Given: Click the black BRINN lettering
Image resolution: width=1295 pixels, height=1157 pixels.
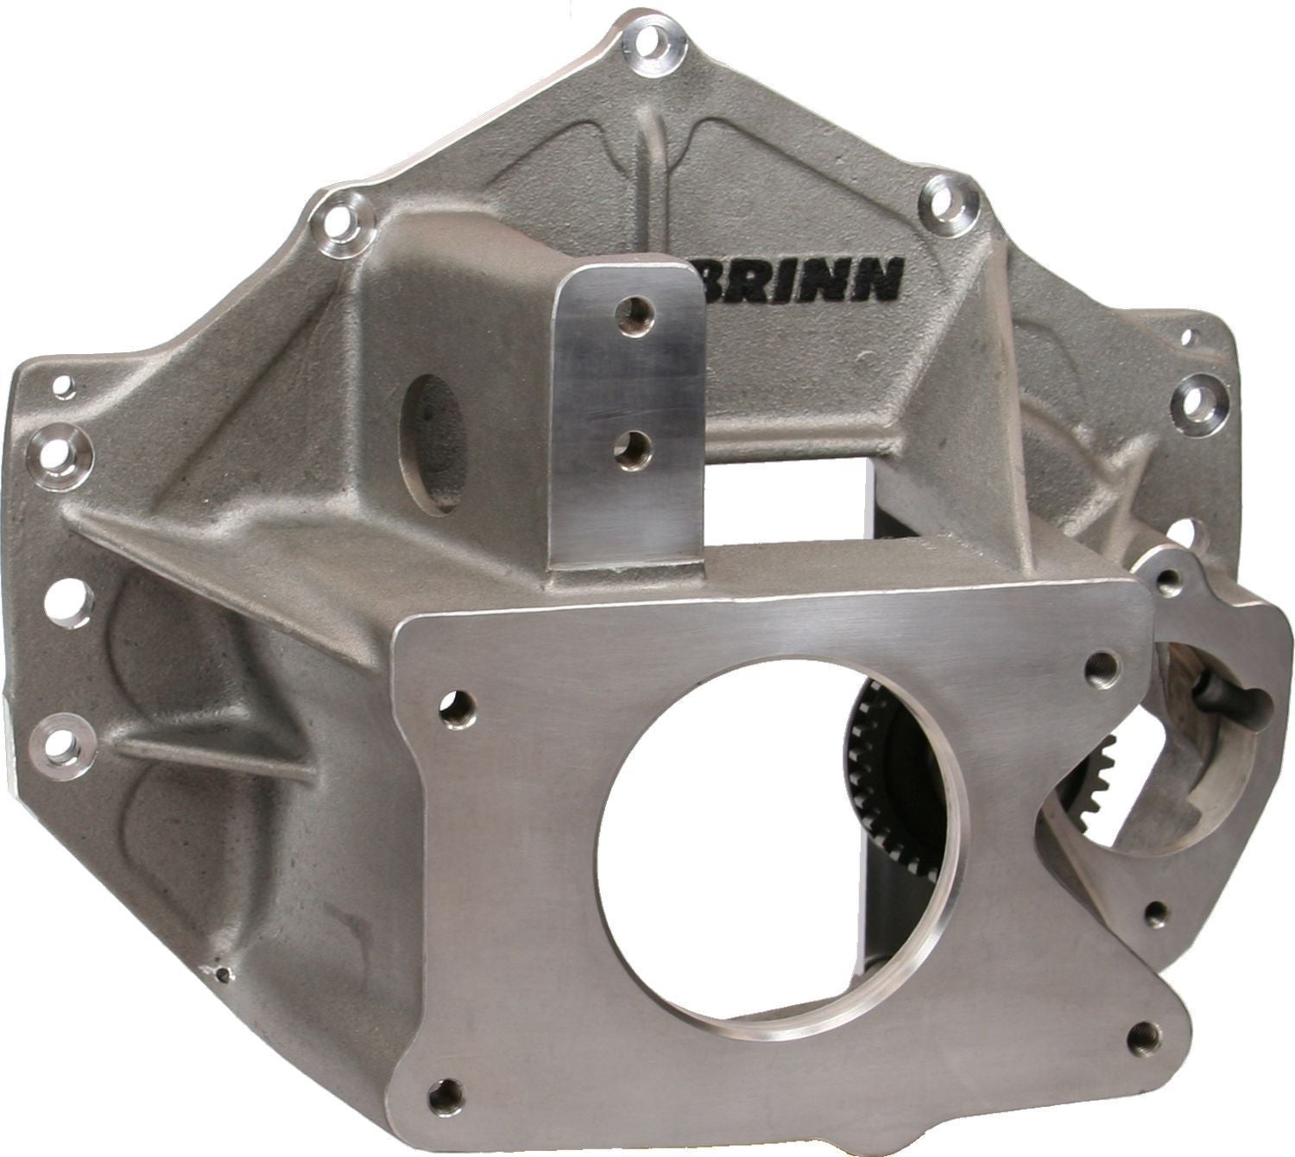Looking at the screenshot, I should (x=799, y=278).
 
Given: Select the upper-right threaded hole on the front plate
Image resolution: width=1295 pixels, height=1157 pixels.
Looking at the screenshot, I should (x=1102, y=668).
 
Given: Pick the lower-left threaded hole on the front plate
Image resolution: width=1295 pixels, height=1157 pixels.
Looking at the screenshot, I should (x=446, y=1093).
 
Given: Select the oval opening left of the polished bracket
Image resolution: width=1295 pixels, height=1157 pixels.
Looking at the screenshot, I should (x=437, y=442).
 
